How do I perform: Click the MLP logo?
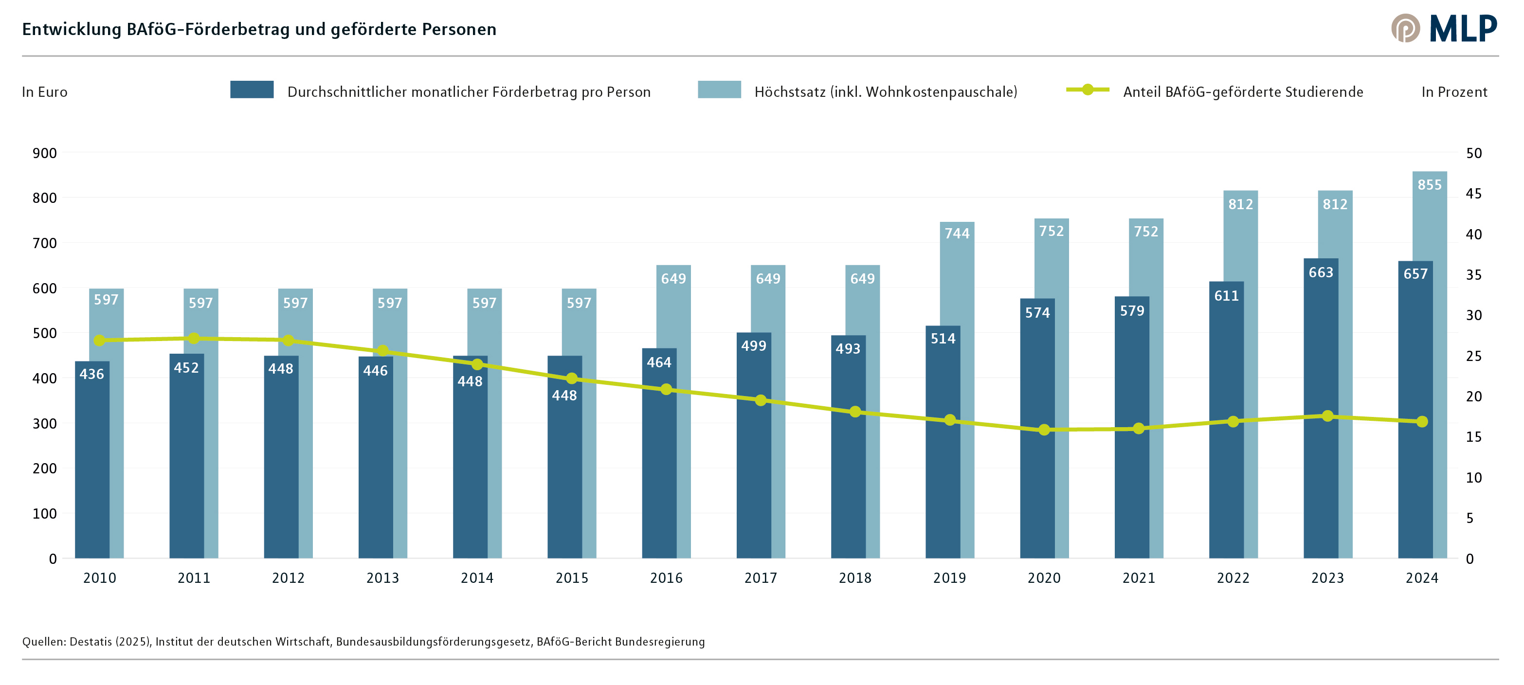point(1444,28)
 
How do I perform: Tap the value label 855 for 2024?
point(1429,184)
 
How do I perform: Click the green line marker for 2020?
point(1044,430)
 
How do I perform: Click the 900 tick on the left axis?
point(45,153)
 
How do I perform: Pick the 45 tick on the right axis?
point(1474,194)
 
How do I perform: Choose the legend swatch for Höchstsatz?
point(719,90)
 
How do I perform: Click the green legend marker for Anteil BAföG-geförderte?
point(1088,90)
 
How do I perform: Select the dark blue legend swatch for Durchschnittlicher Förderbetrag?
point(252,90)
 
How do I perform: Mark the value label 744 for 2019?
point(957,234)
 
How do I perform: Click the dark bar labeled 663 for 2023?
point(1321,414)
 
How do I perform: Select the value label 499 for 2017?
point(753,346)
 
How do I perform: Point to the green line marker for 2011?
point(194,338)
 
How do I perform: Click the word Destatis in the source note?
point(91,642)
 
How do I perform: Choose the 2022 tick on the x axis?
point(1233,578)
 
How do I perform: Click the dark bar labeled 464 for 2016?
point(659,461)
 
